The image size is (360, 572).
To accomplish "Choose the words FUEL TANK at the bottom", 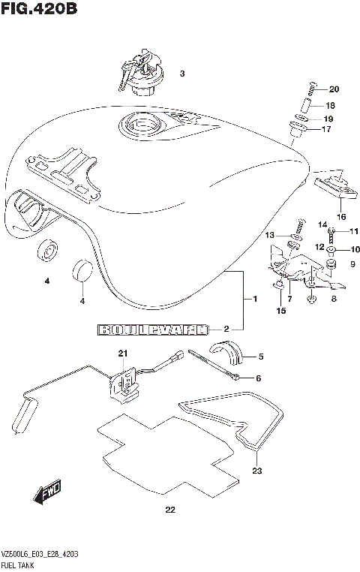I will (21, 563).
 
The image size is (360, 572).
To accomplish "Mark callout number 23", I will (257, 471).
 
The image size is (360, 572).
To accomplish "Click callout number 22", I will (169, 512).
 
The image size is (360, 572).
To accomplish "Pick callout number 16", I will (341, 217).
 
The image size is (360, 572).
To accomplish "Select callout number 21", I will (122, 354).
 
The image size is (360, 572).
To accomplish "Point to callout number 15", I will (282, 310).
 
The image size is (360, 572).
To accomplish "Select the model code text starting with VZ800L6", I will (40, 553).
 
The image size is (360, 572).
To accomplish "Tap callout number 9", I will (352, 263).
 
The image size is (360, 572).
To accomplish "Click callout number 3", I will (181, 74).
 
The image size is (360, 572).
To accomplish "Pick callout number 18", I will (330, 106).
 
